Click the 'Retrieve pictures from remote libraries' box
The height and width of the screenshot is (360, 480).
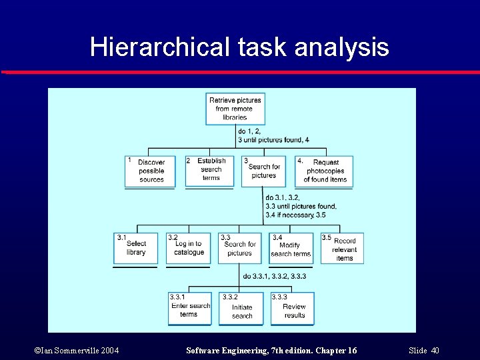[235, 108]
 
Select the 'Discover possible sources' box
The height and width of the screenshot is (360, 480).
[150, 171]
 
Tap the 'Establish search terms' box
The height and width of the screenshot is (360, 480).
[209, 170]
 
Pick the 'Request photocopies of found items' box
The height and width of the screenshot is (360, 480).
[324, 171]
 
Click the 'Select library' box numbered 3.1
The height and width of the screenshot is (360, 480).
[135, 248]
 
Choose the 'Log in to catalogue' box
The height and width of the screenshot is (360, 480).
[189, 248]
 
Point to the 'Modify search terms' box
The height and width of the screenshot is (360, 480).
[290, 248]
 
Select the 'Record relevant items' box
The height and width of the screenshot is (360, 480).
[342, 248]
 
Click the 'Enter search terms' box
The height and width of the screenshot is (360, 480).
[189, 309]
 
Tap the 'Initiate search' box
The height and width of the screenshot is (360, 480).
[241, 309]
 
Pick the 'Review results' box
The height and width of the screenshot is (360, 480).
[292, 309]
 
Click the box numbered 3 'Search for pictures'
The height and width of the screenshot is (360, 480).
[263, 171]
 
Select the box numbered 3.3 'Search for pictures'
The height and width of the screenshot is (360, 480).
[239, 248]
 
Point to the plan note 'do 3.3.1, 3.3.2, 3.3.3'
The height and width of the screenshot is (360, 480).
[275, 276]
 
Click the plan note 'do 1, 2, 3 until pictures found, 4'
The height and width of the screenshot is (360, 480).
[273, 135]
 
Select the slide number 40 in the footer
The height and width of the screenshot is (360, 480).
[435, 351]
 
